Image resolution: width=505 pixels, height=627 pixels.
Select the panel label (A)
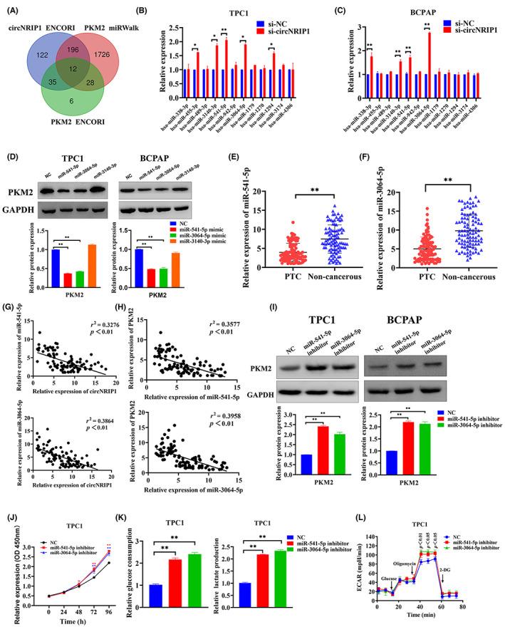click(x=11, y=7)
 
